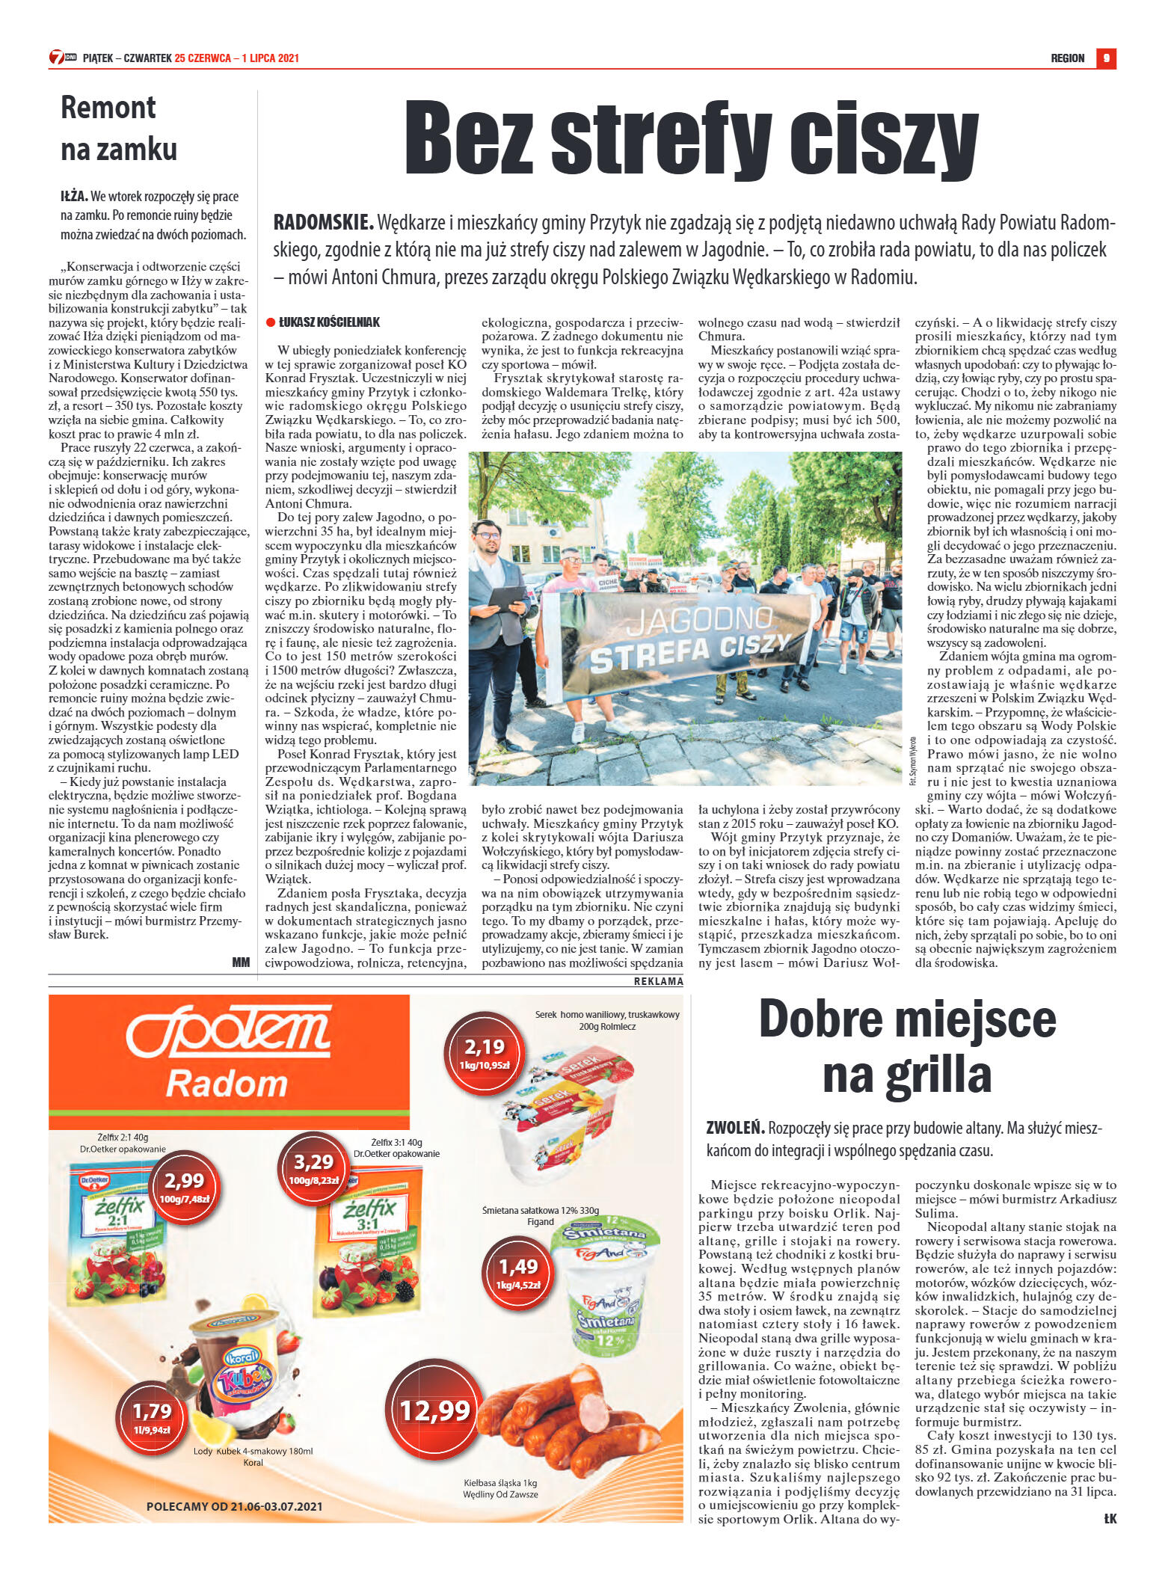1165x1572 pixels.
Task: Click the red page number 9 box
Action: click(x=1106, y=58)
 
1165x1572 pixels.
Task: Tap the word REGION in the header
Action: click(x=1067, y=58)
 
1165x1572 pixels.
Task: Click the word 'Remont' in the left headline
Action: click(x=108, y=108)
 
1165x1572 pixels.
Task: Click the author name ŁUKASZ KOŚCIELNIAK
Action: click(x=329, y=322)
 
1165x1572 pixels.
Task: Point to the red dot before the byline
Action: click(x=271, y=322)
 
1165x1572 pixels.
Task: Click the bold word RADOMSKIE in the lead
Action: click(x=323, y=223)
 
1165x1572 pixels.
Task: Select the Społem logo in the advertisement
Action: click(x=228, y=1031)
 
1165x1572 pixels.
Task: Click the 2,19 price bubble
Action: click(x=485, y=1052)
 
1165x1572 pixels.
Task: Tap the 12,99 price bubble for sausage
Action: click(x=434, y=1410)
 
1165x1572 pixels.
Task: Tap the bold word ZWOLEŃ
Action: click(x=735, y=1127)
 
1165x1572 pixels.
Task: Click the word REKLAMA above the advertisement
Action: click(x=658, y=981)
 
